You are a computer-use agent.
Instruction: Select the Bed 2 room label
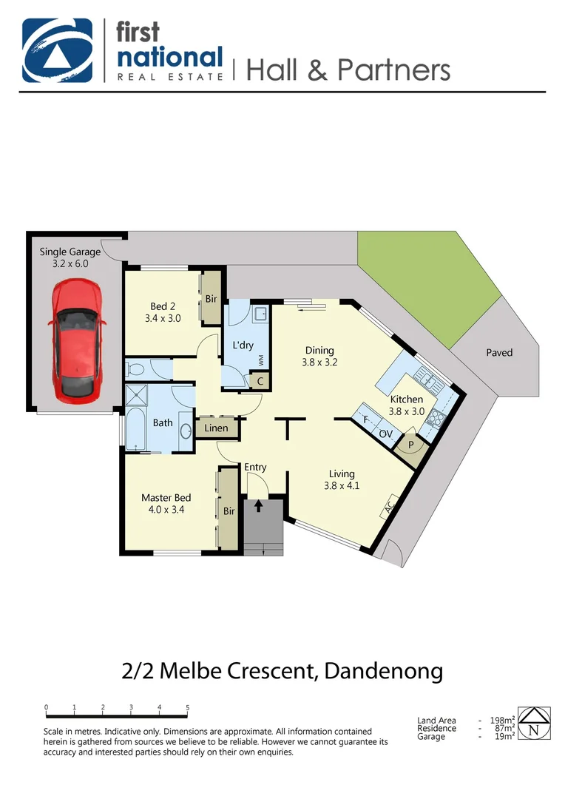tap(163, 312)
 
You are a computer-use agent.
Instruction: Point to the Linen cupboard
tap(216, 428)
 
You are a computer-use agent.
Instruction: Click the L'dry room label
tap(243, 345)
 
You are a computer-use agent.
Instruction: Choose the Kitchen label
tap(406, 405)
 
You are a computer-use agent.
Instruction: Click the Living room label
tap(342, 479)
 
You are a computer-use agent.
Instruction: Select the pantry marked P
tap(411, 446)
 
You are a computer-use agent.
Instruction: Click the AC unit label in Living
tap(389, 508)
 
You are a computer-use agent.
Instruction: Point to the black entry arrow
tap(258, 506)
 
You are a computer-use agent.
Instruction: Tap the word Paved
tap(499, 352)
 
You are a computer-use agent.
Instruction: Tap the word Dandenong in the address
tap(384, 671)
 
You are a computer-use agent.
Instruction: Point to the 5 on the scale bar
tap(187, 708)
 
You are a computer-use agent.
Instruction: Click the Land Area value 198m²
tap(502, 721)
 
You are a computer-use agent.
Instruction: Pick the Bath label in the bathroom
tap(163, 423)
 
